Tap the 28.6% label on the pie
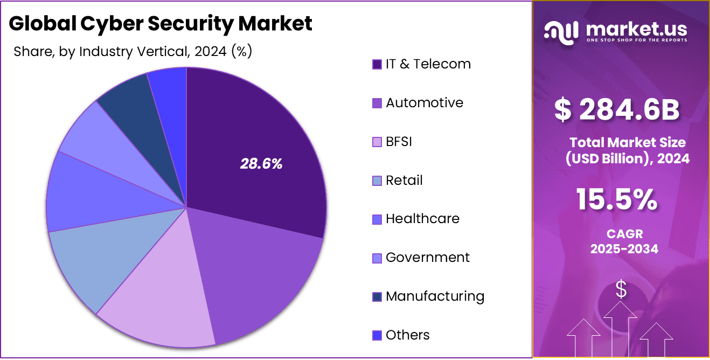click(261, 164)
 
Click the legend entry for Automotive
click(424, 103)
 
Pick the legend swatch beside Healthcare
click(377, 219)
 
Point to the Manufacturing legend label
click(435, 296)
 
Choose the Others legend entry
click(407, 335)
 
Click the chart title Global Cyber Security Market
click(161, 24)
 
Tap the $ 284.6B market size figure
click(617, 110)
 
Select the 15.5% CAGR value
click(617, 199)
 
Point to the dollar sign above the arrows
click(621, 289)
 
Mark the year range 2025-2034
click(624, 249)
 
